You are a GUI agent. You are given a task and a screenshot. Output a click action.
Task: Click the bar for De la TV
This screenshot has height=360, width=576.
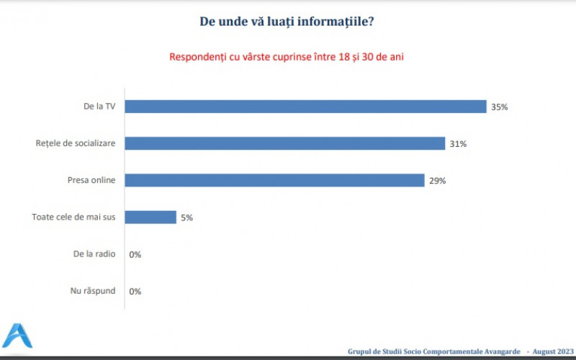click(306, 107)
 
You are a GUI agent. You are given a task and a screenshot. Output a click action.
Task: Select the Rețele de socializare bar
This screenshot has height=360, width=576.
click(285, 143)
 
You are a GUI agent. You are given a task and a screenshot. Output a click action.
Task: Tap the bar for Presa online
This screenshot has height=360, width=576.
click(275, 180)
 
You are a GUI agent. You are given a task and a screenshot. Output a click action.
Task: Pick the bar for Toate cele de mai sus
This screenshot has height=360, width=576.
click(151, 217)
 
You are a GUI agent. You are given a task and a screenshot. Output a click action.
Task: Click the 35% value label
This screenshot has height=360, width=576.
click(500, 107)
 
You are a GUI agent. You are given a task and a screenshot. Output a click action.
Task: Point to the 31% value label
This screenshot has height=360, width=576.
click(458, 144)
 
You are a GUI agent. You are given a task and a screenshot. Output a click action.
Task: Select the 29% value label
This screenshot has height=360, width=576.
click(437, 181)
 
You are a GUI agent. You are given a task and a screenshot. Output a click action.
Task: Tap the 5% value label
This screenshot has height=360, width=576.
click(186, 217)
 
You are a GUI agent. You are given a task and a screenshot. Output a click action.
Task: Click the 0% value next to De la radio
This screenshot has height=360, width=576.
click(135, 255)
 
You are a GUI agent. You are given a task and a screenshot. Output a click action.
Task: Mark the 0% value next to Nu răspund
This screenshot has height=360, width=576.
click(135, 292)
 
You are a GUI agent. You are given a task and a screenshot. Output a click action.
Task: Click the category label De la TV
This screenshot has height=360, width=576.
click(99, 107)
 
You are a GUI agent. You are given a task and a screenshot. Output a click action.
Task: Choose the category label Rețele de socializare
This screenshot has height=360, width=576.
click(76, 143)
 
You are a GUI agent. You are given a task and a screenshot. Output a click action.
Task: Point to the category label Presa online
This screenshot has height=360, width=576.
click(89, 180)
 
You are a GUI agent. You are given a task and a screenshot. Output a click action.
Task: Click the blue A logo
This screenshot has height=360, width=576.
click(17, 336)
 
